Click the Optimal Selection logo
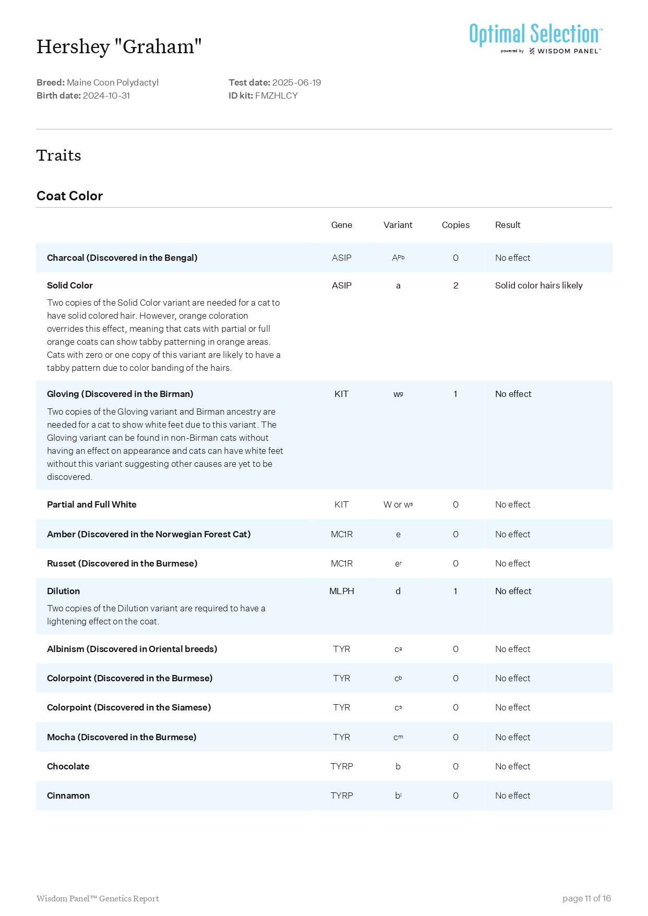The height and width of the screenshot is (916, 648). coord(535,38)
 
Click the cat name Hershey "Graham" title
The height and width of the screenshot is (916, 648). coord(119,47)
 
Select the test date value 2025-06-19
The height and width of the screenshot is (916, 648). coord(296,82)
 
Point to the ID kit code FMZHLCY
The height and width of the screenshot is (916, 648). coord(277,95)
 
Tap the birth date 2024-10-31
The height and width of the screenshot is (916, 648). coord(106,95)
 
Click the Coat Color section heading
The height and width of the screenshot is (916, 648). coord(69,196)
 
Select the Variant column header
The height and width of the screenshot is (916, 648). coord(398,225)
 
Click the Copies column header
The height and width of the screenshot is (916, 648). coord(455,225)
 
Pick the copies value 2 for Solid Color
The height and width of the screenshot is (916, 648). coord(455,285)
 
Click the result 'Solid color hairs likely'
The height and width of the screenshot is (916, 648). coord(538,285)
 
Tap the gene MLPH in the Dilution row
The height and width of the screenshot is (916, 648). coord(341,591)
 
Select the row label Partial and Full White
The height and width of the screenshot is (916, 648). coord(92,504)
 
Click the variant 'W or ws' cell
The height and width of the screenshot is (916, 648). coord(398,504)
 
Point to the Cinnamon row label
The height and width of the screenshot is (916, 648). coord(68,796)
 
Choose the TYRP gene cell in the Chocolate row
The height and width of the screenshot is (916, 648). coord(341,766)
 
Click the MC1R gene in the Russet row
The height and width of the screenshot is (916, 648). coord(341,563)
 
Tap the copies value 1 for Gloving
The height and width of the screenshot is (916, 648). coord(455,394)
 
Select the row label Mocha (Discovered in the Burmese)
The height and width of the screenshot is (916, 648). coord(122,737)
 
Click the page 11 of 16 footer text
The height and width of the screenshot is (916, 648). coord(586,898)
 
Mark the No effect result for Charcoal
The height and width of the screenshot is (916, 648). coord(512,258)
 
